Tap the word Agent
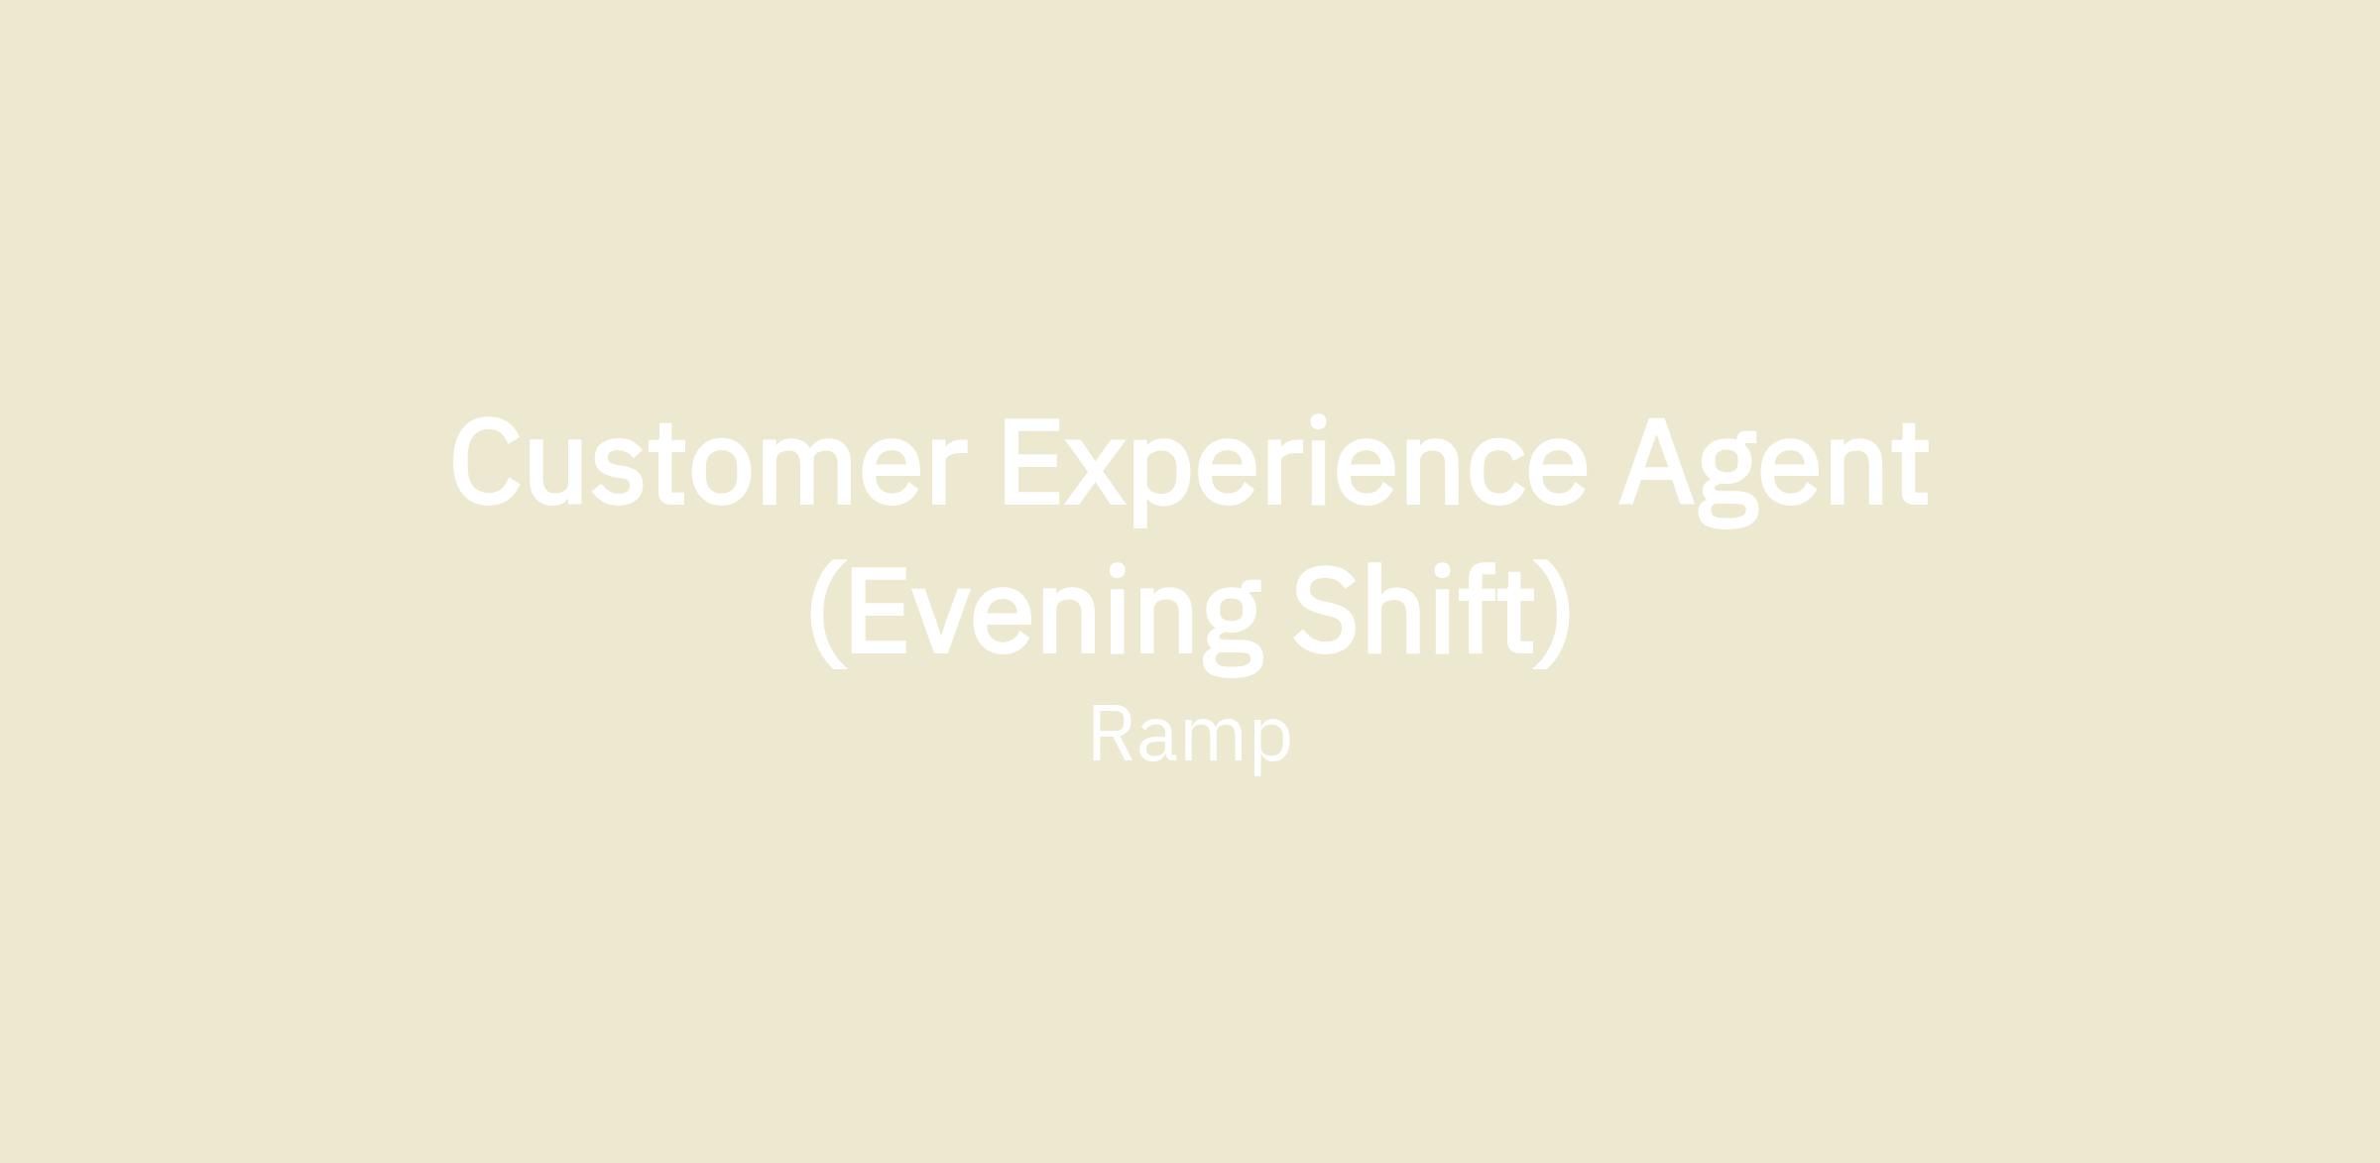pos(1774,473)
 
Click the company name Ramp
pos(1190,739)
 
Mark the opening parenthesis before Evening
pos(829,614)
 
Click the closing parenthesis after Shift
pos(1552,614)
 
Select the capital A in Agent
pos(1657,461)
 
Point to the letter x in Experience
pos(1095,472)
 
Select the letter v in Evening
pos(940,621)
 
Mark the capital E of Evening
pos(879,610)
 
